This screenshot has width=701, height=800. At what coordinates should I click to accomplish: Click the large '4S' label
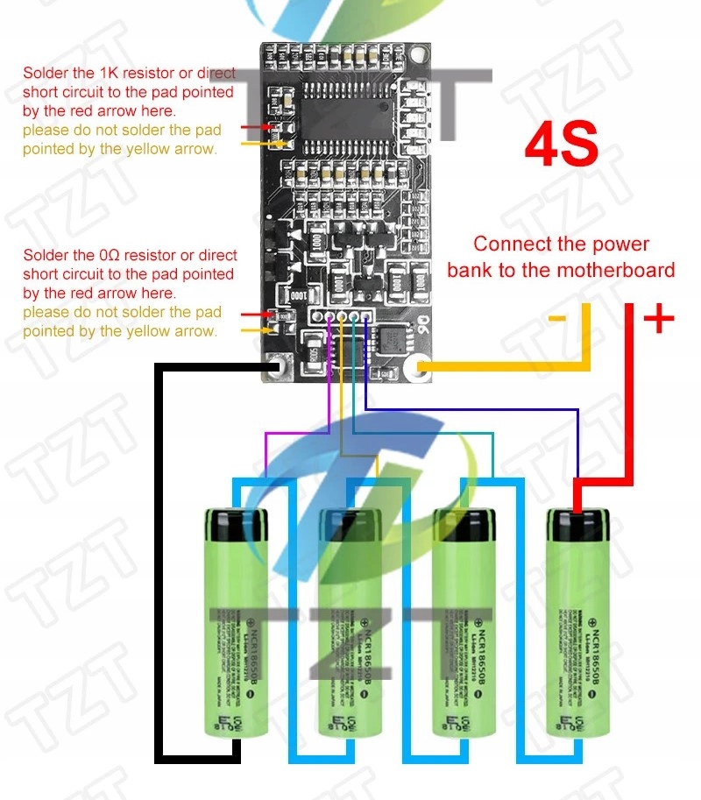(561, 145)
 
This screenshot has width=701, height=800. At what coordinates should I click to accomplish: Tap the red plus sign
(658, 319)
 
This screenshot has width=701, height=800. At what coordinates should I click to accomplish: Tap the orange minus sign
(558, 317)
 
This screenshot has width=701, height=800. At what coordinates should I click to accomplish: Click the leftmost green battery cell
(236, 622)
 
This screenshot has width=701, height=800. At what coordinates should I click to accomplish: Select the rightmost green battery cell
(578, 622)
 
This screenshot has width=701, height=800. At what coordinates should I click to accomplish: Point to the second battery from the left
(350, 622)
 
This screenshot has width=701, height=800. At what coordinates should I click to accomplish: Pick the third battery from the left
(464, 622)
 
